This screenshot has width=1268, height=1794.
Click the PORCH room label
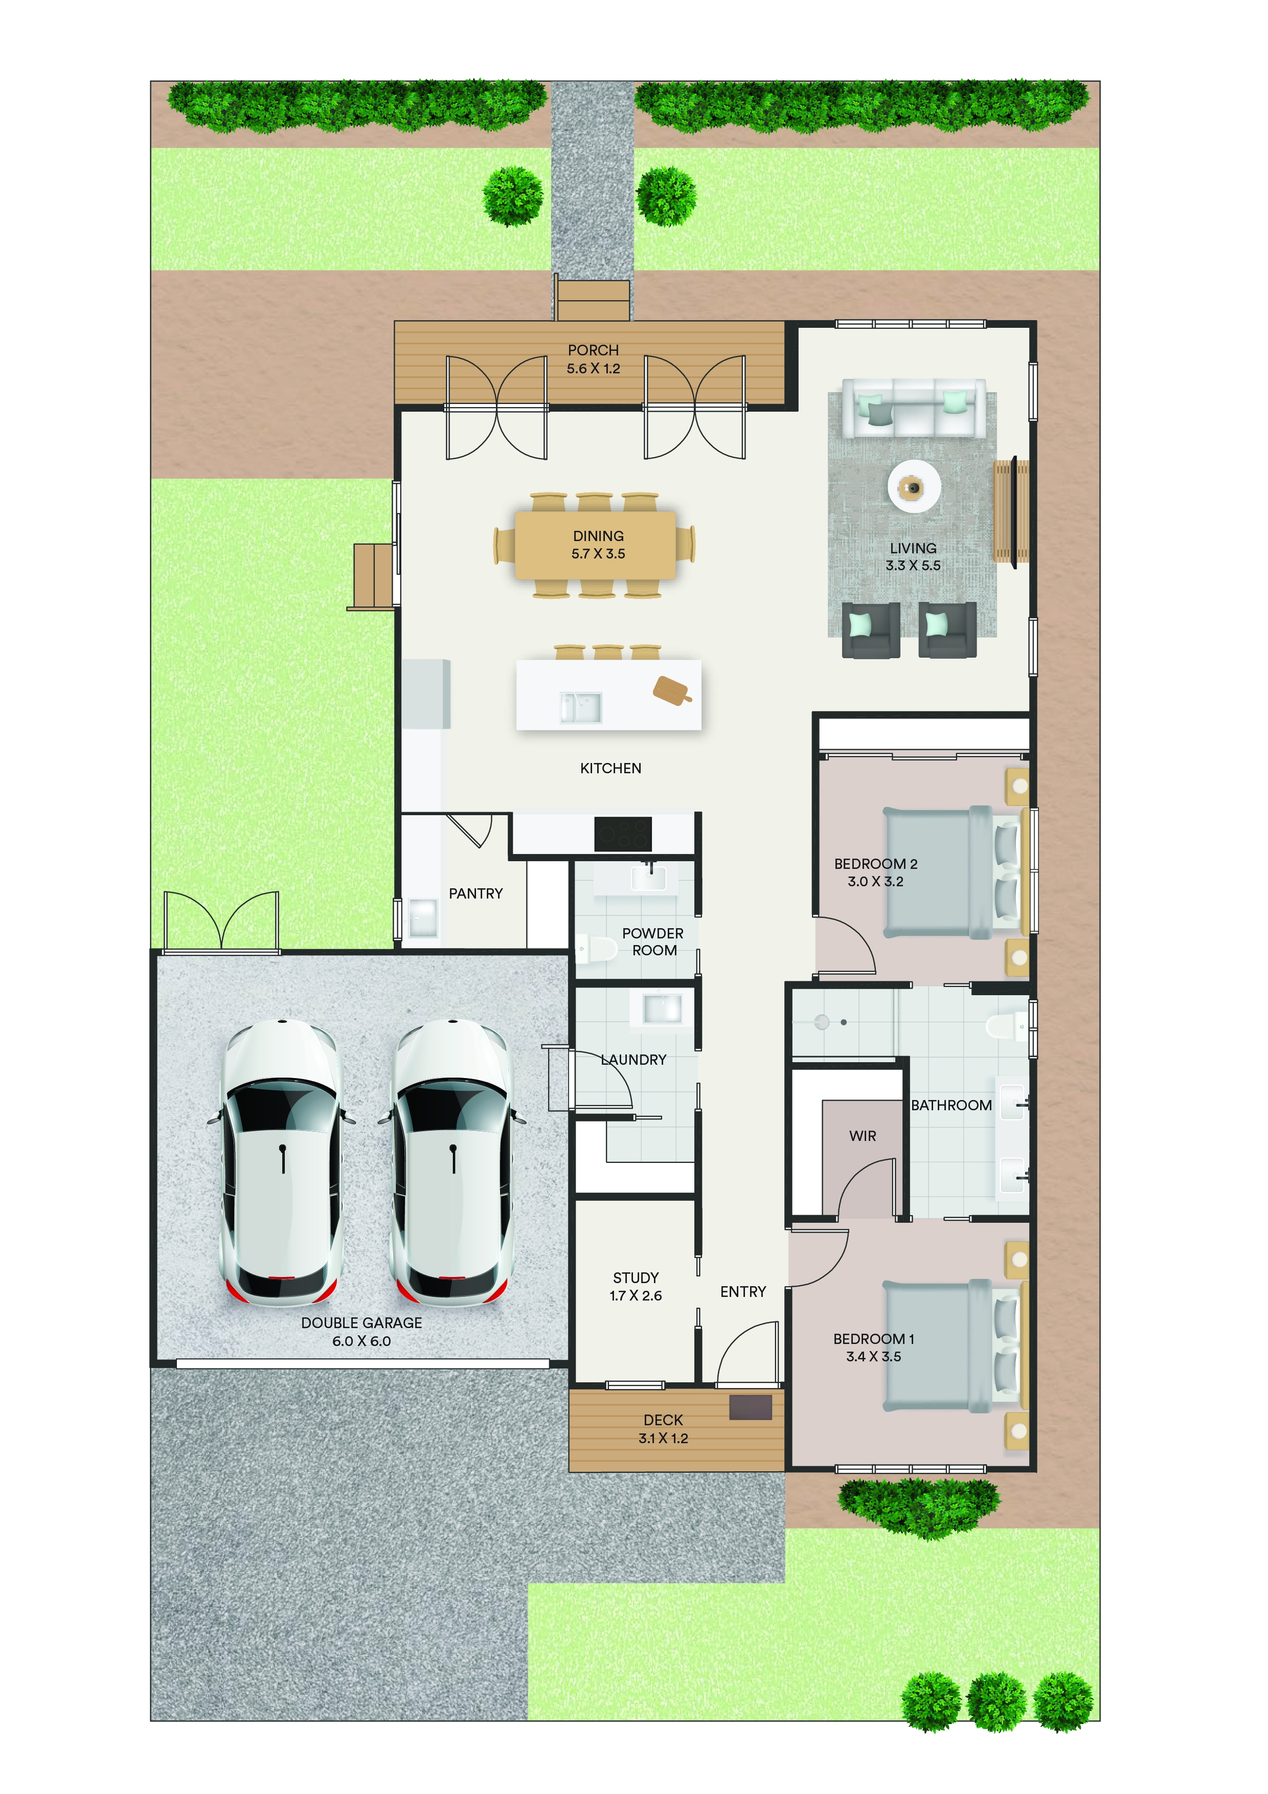tap(593, 350)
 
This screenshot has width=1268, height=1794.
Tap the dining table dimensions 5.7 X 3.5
tap(598, 554)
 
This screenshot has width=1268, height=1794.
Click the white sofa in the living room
tap(913, 408)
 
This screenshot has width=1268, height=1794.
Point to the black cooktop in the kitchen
tap(623, 834)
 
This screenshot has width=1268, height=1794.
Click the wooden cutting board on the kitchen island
tap(672, 690)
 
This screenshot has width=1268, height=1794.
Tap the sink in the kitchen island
tap(580, 707)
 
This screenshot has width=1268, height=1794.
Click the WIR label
tap(863, 1136)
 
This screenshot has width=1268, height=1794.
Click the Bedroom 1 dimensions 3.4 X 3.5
tap(873, 1356)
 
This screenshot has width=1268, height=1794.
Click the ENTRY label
tap(743, 1292)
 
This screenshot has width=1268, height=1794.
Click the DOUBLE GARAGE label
tap(361, 1323)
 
